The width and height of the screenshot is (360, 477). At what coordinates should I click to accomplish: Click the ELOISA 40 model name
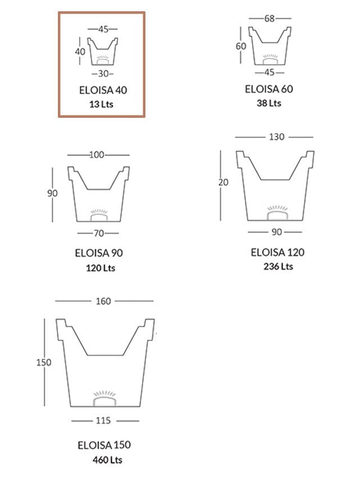pyautogui.click(x=102, y=90)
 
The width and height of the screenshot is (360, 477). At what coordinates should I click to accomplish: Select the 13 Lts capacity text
pyautogui.click(x=102, y=104)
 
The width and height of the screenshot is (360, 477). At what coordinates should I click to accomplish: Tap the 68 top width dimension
pyautogui.click(x=269, y=19)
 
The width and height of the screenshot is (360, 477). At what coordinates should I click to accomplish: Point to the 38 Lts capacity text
pyautogui.click(x=269, y=103)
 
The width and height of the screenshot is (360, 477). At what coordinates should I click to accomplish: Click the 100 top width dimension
pyautogui.click(x=97, y=154)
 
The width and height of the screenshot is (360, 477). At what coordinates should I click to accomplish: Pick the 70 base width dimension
pyautogui.click(x=98, y=232)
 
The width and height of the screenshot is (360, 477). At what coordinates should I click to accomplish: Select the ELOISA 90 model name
pyautogui.click(x=99, y=253)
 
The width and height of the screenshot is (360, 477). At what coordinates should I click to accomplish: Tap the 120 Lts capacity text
pyautogui.click(x=99, y=268)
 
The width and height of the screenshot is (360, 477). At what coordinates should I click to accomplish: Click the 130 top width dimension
pyautogui.click(x=277, y=136)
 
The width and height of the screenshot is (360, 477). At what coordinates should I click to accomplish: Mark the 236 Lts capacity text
pyautogui.click(x=278, y=266)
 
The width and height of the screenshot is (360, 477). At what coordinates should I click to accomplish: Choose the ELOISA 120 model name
pyautogui.click(x=278, y=252)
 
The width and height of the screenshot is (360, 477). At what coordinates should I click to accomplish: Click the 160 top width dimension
pyautogui.click(x=103, y=301)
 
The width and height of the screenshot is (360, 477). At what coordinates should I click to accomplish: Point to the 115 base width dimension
pyautogui.click(x=103, y=420)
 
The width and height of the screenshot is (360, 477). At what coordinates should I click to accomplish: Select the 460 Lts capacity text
pyautogui.click(x=107, y=460)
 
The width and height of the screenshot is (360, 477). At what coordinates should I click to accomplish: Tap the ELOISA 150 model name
pyautogui.click(x=104, y=445)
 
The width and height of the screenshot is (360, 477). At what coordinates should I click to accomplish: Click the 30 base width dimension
pyautogui.click(x=102, y=74)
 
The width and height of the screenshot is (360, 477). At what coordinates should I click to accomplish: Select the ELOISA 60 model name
pyautogui.click(x=269, y=89)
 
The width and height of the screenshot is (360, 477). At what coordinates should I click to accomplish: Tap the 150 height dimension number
pyautogui.click(x=44, y=363)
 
